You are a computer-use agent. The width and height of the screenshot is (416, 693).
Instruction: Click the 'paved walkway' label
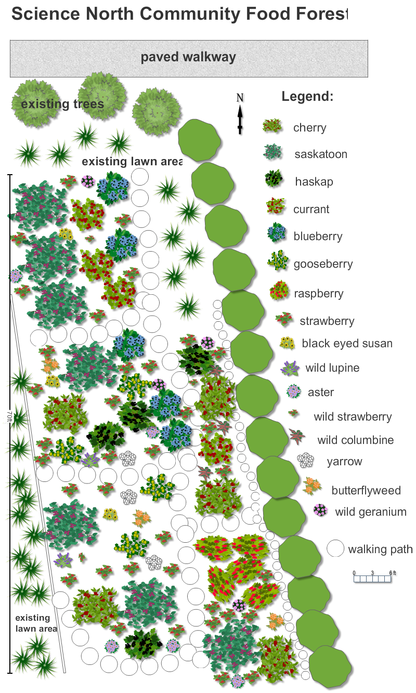coord(188,57)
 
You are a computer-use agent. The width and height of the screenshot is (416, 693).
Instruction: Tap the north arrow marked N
coord(240,113)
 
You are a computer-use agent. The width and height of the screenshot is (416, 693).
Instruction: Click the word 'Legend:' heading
coord(307,96)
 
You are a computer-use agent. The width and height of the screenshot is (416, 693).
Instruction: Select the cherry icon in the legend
coord(272,126)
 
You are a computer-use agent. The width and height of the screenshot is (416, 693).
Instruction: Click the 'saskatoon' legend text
coord(320,154)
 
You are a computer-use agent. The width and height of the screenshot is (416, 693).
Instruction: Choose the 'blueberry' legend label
coord(318,237)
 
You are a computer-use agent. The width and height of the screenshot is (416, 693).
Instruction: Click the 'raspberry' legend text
coord(319,293)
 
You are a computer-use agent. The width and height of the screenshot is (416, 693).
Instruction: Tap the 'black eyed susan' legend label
coord(347,344)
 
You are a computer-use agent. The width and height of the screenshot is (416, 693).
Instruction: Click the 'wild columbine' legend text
coord(356,440)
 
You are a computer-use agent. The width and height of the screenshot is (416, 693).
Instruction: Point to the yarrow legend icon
coord(306,460)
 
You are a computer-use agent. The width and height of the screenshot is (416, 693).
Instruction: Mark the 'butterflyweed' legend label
coord(366,490)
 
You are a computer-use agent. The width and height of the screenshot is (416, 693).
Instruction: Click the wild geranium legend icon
coord(320,511)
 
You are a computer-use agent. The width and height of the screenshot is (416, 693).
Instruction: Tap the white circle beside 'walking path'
coord(336,548)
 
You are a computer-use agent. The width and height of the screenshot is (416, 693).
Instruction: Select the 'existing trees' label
coord(62,104)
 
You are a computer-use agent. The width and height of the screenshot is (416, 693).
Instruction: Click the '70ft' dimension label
coord(10,419)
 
